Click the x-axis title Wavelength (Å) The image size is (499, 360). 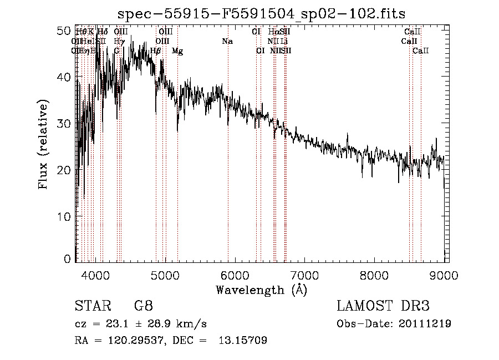coord(261,290)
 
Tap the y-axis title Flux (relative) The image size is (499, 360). coord(43,144)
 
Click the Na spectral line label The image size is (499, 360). coord(227,41)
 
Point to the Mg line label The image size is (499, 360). coord(177,51)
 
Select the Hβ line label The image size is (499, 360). coord(156,51)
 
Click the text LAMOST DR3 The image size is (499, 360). coord(383,306)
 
